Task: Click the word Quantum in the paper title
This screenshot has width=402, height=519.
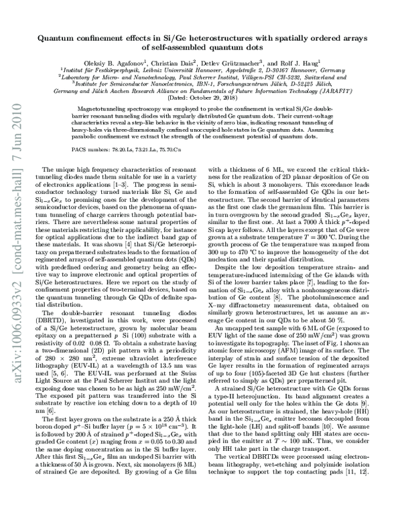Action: coord(62,39)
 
